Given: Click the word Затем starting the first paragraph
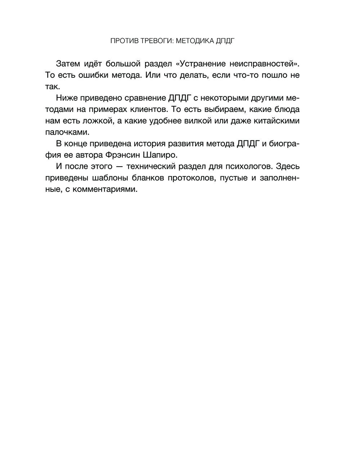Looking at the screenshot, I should tap(69, 64).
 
